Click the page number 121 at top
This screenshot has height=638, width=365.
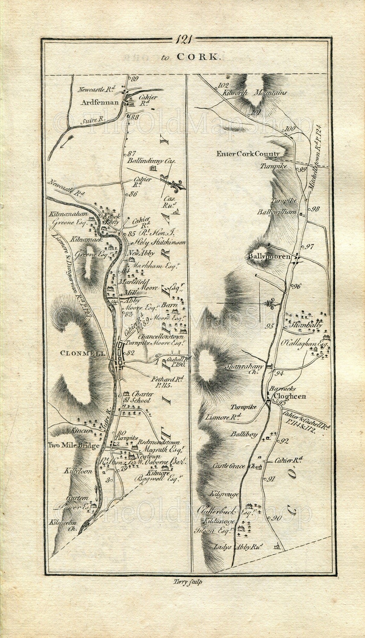coord(183,40)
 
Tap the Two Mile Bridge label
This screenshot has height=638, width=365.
coord(73,445)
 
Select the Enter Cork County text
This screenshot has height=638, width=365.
coord(248,154)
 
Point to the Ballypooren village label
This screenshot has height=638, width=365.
coord(269,256)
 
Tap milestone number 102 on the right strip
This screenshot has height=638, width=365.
coord(223,85)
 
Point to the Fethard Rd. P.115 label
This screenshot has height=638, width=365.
coord(168,382)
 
